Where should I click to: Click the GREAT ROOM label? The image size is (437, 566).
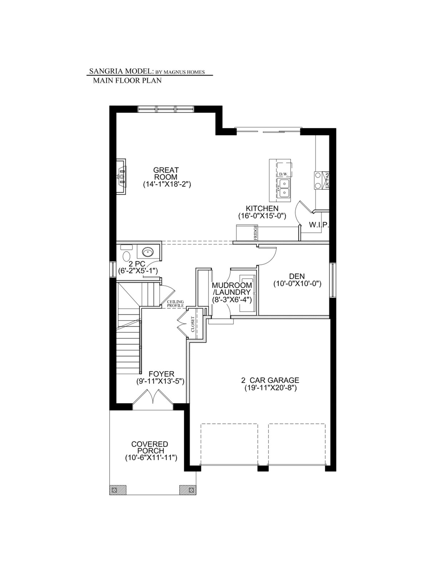tap(166, 173)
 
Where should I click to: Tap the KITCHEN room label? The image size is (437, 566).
tap(262, 208)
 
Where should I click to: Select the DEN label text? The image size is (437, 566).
tap(297, 276)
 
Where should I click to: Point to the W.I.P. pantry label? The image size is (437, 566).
tap(319, 224)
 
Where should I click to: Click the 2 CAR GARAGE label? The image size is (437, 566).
tap(270, 380)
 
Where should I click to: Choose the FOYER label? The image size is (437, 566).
tap(160, 374)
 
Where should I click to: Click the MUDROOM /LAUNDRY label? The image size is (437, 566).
tap(232, 289)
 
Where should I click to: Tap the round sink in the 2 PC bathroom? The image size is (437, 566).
tap(147, 252)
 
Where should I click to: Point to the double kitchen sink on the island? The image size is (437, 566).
tap(284, 188)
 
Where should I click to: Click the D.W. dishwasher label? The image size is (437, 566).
tap(283, 174)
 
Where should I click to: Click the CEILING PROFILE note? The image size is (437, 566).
tap(175, 303)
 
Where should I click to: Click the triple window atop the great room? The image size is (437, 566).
tap(166, 109)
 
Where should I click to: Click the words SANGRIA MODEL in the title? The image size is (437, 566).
tap(121, 71)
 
